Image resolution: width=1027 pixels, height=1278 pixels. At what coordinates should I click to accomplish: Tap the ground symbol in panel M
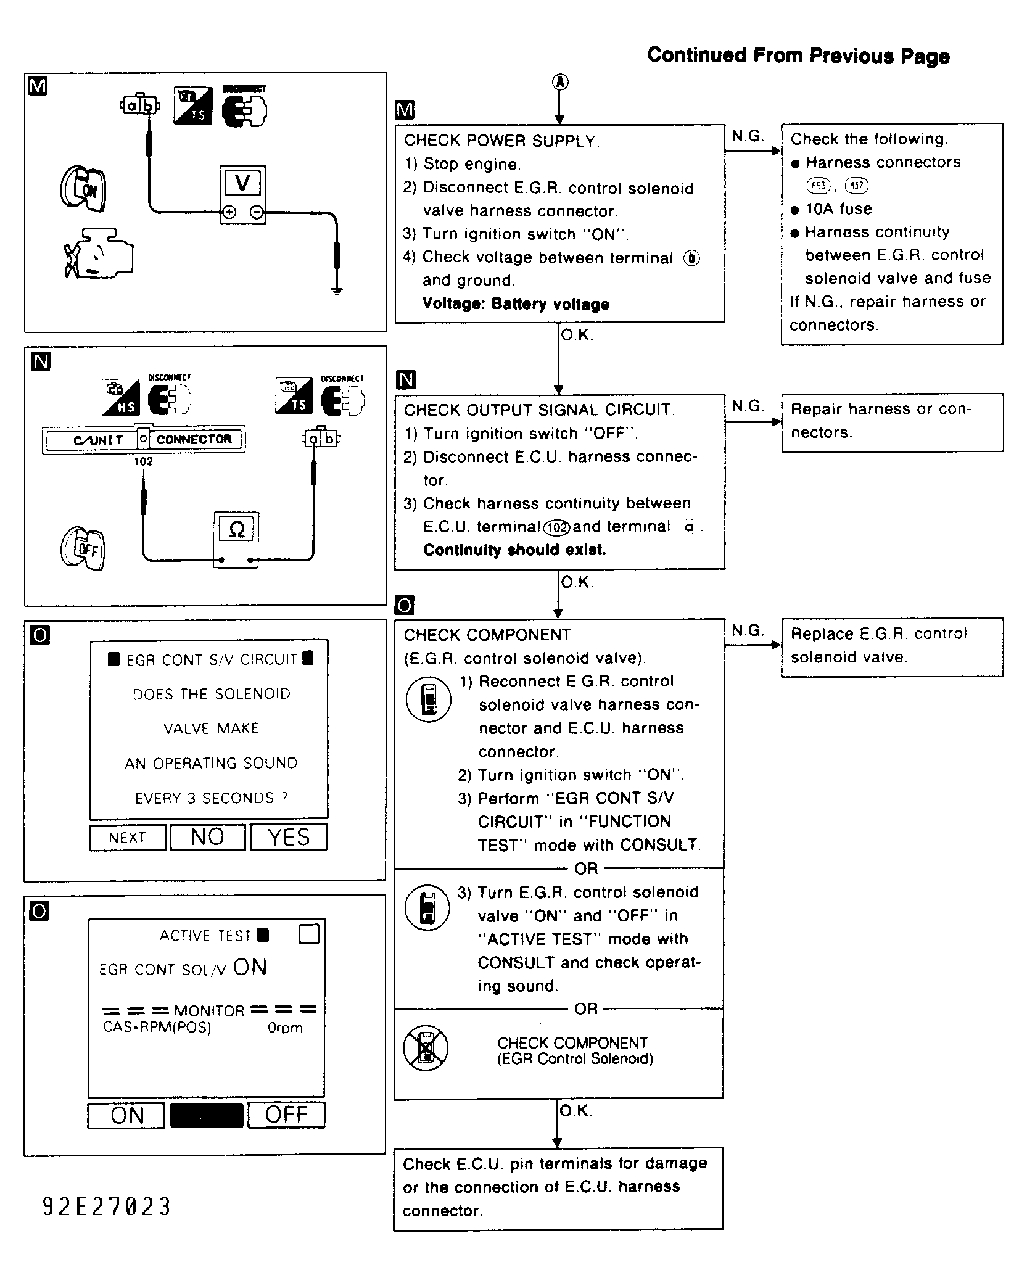(x=336, y=291)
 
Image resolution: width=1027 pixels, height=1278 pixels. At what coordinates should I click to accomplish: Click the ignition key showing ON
(x=83, y=189)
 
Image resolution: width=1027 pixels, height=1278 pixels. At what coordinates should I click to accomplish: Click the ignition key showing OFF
(x=83, y=548)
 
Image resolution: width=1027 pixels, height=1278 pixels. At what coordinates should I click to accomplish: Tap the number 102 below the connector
(x=143, y=461)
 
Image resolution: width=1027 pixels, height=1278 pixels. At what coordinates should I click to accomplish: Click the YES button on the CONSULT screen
(x=288, y=837)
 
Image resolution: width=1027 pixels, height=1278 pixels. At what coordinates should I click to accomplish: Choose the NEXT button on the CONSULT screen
(x=128, y=838)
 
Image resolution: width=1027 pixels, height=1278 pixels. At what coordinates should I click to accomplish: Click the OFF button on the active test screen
(x=286, y=1115)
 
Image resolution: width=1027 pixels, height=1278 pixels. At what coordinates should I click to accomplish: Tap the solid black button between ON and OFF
(x=207, y=1115)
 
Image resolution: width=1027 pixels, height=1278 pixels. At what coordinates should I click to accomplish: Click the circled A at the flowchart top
(x=560, y=81)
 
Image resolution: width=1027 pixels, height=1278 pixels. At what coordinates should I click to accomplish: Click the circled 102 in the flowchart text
(x=557, y=527)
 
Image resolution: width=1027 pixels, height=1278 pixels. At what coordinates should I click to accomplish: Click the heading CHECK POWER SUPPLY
(x=501, y=141)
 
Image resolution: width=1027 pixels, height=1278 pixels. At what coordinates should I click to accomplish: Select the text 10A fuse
(x=839, y=209)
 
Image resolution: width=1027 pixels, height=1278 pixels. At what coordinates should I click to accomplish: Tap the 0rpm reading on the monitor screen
(x=286, y=1028)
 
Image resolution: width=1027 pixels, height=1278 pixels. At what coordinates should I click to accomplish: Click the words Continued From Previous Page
(x=798, y=56)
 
